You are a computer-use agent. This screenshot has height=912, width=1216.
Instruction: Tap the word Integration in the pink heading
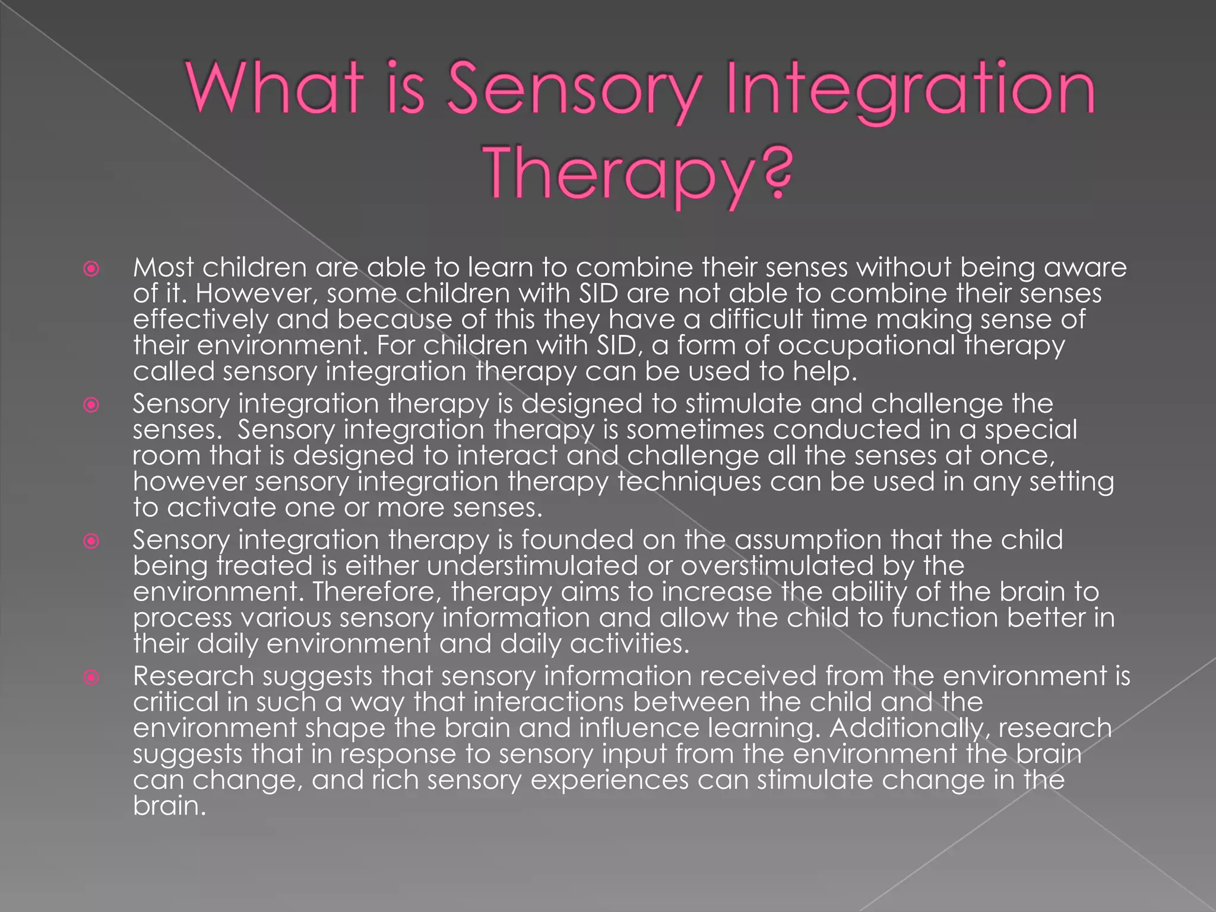pyautogui.click(x=911, y=90)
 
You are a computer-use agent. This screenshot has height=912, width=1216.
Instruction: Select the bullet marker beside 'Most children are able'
pyautogui.click(x=91, y=269)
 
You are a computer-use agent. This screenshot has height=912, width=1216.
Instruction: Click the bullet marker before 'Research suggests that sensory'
pyautogui.click(x=91, y=677)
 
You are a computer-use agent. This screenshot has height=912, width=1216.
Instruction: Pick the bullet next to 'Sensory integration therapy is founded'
pyautogui.click(x=91, y=541)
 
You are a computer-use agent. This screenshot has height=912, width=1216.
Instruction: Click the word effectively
pyautogui.click(x=201, y=319)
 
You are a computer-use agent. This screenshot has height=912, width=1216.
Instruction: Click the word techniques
pyautogui.click(x=689, y=482)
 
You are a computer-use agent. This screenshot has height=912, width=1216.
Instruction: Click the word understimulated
pyautogui.click(x=532, y=566)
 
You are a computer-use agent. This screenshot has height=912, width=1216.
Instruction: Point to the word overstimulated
pyautogui.click(x=777, y=566)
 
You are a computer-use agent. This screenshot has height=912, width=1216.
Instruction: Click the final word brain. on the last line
pyautogui.click(x=169, y=806)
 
